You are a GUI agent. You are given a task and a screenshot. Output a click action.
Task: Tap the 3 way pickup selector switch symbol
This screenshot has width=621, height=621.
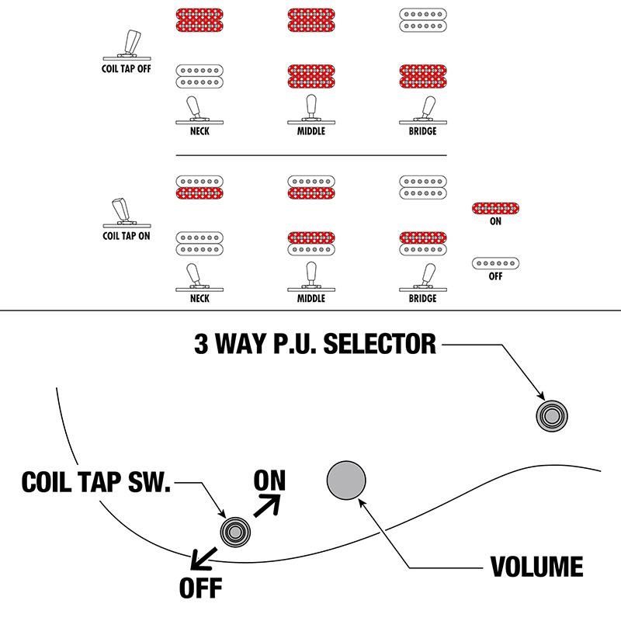[x=552, y=415]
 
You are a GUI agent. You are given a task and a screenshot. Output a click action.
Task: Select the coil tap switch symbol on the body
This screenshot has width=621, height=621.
[x=235, y=531]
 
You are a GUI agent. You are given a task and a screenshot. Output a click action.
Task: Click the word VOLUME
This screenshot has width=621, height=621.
[x=536, y=566]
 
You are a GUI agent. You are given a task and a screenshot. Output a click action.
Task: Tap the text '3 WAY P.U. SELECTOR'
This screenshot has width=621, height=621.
[x=314, y=344]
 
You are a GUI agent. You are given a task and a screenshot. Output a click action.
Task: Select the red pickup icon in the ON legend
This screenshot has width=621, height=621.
[x=496, y=207]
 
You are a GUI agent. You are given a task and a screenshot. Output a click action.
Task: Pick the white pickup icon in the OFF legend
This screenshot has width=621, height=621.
[x=496, y=263]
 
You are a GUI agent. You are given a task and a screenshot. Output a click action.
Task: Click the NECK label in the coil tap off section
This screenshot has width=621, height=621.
[x=199, y=131]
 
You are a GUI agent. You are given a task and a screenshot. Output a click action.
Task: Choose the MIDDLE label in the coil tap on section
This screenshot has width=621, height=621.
[x=310, y=298]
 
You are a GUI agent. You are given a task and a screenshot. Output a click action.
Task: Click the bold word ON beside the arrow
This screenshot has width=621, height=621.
[x=270, y=480]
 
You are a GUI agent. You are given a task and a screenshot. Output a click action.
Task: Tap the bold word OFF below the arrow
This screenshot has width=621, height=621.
[x=201, y=587]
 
